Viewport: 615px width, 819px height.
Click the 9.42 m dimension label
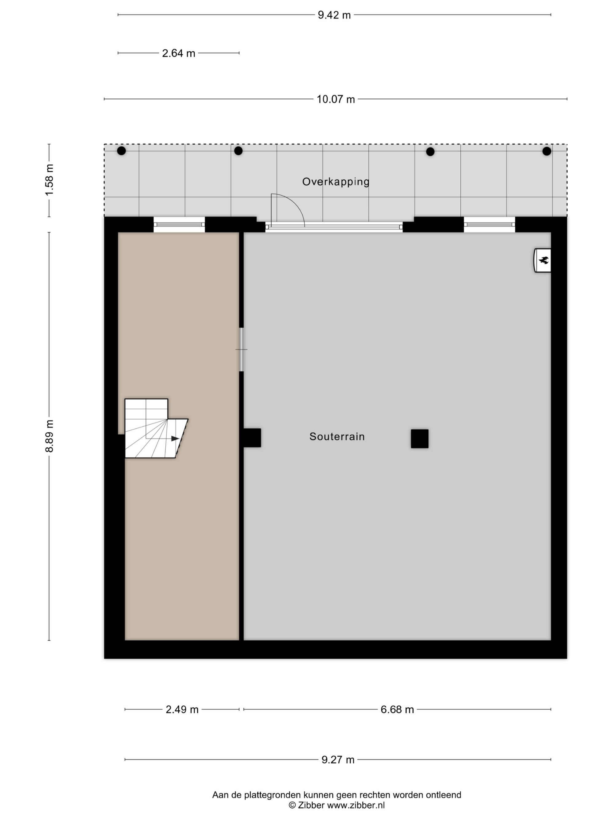334,15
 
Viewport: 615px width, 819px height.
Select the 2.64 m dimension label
178,53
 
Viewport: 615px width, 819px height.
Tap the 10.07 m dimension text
335,99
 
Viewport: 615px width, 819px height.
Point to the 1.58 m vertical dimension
49,180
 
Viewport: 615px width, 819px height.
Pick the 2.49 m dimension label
182,709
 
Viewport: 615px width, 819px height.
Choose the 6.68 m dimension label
397,709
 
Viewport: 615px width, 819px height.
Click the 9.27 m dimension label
338,760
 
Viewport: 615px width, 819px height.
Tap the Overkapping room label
336,182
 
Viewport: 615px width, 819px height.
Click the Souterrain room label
337,437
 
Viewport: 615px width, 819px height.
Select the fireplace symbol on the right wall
542,260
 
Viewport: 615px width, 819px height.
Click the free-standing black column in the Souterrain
420,439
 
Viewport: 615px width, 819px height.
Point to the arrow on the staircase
175,439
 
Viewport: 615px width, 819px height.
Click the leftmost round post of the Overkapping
121,151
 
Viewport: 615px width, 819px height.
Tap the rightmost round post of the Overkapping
547,151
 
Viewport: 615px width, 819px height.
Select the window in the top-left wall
179,224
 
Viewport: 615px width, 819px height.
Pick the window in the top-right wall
489,224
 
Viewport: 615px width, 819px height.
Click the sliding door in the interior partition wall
241,349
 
